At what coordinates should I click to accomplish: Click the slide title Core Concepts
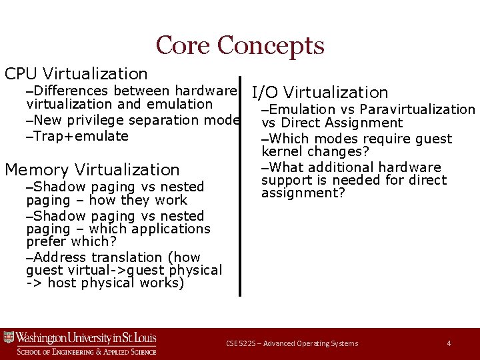(x=240, y=45)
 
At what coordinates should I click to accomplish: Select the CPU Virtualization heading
(x=76, y=73)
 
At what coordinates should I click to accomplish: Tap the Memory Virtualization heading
(x=92, y=170)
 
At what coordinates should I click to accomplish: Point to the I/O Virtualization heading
(x=319, y=93)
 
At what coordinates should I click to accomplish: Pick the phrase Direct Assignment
(x=341, y=123)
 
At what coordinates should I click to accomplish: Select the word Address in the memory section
(x=59, y=257)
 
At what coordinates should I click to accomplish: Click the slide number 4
(x=449, y=343)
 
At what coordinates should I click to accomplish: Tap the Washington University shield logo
(x=9, y=338)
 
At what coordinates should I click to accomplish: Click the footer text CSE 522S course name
(x=291, y=343)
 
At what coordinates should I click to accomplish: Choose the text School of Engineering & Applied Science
(x=87, y=351)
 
